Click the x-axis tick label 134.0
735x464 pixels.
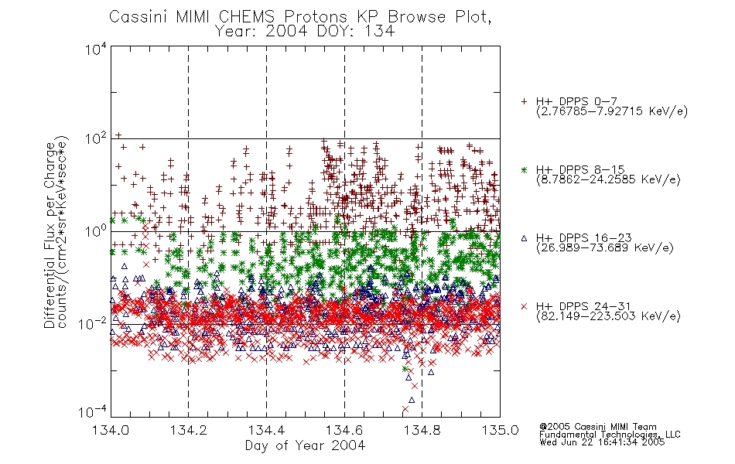tap(111, 430)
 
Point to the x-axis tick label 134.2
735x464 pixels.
tap(189, 430)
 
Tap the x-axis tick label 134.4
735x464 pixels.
tap(266, 430)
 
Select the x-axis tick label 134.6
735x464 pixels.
tap(344, 430)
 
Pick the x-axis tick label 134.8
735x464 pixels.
tap(422, 430)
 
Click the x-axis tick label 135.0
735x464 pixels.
tap(500, 430)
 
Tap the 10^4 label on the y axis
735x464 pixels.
tap(96, 49)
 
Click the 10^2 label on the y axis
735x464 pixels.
tap(96, 139)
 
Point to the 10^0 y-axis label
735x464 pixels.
tap(96, 232)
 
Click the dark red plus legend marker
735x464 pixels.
tap(524, 101)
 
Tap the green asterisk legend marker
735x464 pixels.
tap(524, 170)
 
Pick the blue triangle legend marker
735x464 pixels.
tap(524, 238)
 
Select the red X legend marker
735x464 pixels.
tap(524, 306)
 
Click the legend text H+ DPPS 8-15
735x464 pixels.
tap(580, 169)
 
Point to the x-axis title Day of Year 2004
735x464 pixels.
tap(305, 445)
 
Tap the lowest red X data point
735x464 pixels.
tap(405, 409)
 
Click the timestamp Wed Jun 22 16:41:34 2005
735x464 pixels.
tap(602, 442)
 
